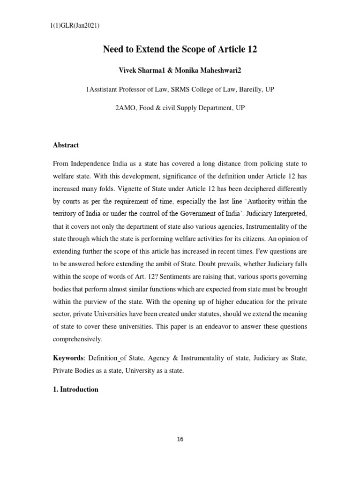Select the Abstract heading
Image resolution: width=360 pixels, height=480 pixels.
[66, 145]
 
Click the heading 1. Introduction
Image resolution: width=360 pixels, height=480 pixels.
[75, 390]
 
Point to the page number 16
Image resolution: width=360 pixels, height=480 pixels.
[180, 439]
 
